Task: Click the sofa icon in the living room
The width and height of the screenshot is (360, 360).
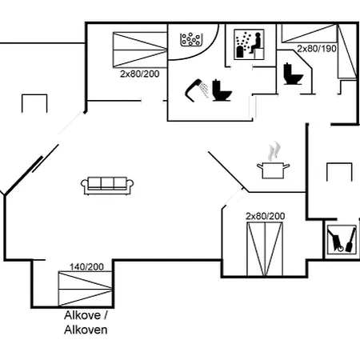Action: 107,186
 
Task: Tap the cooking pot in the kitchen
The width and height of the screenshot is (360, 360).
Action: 273,170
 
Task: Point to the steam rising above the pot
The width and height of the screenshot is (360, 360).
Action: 274,151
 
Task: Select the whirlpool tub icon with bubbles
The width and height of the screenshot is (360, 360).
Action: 191,40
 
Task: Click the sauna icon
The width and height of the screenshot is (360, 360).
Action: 249,44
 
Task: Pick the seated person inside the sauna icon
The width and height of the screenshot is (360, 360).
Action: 255,42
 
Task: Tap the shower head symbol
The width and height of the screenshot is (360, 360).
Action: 197,90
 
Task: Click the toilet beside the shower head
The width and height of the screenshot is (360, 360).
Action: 222,90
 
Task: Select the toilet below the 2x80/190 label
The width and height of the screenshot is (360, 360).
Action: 293,74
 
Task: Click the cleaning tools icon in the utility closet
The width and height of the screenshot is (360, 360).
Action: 342,239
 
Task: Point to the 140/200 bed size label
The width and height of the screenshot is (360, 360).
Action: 86,266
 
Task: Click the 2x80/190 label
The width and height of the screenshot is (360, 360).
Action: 317,49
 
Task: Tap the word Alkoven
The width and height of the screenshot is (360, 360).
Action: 86,330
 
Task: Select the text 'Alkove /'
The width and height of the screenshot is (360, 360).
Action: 86,315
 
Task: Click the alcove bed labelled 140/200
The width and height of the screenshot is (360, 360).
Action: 85,289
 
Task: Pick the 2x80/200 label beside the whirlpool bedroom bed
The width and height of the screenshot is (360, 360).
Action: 140,74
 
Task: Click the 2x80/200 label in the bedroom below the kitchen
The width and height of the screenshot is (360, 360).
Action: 266,216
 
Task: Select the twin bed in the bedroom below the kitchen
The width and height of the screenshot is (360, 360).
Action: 265,250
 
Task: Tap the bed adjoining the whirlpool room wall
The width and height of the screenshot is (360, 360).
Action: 140,50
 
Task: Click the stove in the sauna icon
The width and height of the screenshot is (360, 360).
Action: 241,52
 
